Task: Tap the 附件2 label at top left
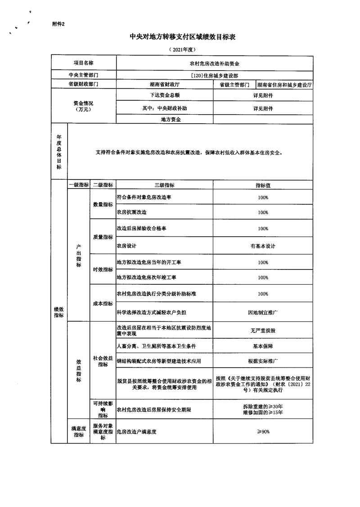59,24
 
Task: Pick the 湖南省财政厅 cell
165,85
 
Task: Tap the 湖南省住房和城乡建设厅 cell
284,85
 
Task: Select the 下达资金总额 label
165,95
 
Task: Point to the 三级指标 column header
164,185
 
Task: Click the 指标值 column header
263,185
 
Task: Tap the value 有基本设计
263,246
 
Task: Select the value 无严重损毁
263,331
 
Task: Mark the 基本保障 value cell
263,346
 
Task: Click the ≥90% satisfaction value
263,432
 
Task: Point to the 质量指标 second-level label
103,237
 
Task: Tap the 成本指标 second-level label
103,304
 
